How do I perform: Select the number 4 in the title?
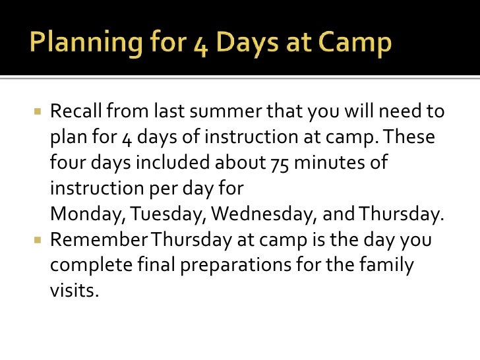coord(195,44)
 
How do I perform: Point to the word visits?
coord(73,291)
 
